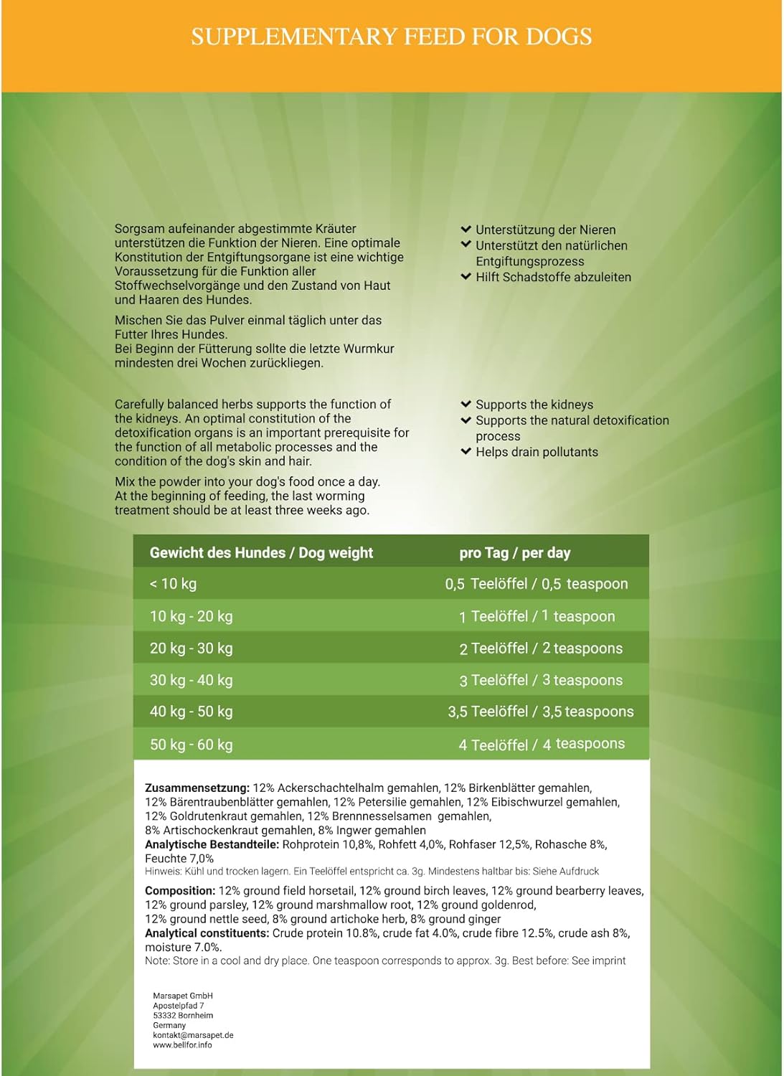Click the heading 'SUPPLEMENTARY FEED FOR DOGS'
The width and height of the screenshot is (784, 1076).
(392, 37)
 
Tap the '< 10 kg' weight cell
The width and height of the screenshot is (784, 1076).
(173, 584)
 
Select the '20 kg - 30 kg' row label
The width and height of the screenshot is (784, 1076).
(191, 648)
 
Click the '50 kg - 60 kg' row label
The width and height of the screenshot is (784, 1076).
(191, 745)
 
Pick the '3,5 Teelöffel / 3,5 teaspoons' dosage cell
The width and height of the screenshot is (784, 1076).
(541, 712)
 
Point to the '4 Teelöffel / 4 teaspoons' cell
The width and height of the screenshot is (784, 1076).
(542, 745)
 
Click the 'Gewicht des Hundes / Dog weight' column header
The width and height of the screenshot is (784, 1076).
(261, 553)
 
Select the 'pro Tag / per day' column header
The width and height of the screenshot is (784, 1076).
(514, 553)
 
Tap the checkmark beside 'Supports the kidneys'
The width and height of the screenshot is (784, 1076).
(466, 405)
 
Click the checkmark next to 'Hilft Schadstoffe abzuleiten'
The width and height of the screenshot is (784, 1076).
(466, 277)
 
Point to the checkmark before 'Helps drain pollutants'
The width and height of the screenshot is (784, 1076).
(466, 452)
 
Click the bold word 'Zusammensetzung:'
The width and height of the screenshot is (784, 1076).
(197, 788)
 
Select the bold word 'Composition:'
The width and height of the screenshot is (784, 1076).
(180, 891)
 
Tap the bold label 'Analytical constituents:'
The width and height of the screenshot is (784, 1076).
(207, 933)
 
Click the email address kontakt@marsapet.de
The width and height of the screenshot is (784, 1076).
(193, 1035)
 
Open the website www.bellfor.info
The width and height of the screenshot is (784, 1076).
(182, 1045)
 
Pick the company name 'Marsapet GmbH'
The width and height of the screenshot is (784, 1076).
(183, 996)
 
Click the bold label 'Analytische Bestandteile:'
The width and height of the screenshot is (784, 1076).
(212, 845)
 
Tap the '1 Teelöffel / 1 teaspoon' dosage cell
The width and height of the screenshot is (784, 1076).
(537, 616)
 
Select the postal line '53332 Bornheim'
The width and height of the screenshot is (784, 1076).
(183, 1016)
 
